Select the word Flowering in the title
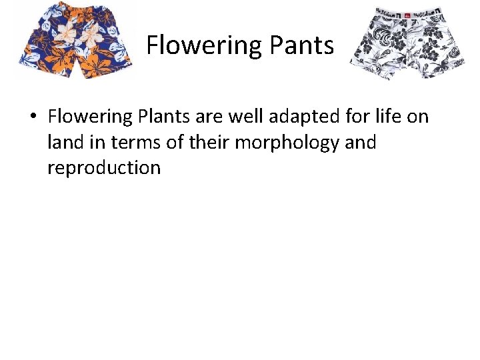205,45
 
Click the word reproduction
104,167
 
